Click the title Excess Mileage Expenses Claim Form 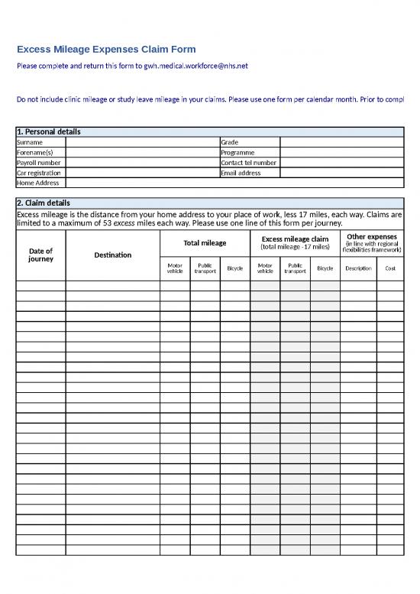pyautogui.click(x=106, y=49)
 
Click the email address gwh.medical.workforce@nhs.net pyautogui.click(x=196, y=67)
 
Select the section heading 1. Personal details pyautogui.click(x=49, y=131)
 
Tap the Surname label pyautogui.click(x=30, y=142)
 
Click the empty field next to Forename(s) pyautogui.click(x=141, y=152)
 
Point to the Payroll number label pyautogui.click(x=39, y=163)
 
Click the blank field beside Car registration pyautogui.click(x=141, y=173)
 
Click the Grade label pyautogui.click(x=230, y=142)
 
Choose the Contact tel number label pyautogui.click(x=248, y=163)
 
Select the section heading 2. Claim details pyautogui.click(x=44, y=203)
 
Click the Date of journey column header pyautogui.click(x=40, y=255)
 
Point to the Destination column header pyautogui.click(x=112, y=255)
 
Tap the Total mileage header pyautogui.click(x=205, y=243)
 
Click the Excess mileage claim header pyautogui.click(x=295, y=239)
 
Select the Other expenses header pyautogui.click(x=372, y=236)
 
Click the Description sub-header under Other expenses pyautogui.click(x=357, y=268)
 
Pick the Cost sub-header pyautogui.click(x=390, y=268)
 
